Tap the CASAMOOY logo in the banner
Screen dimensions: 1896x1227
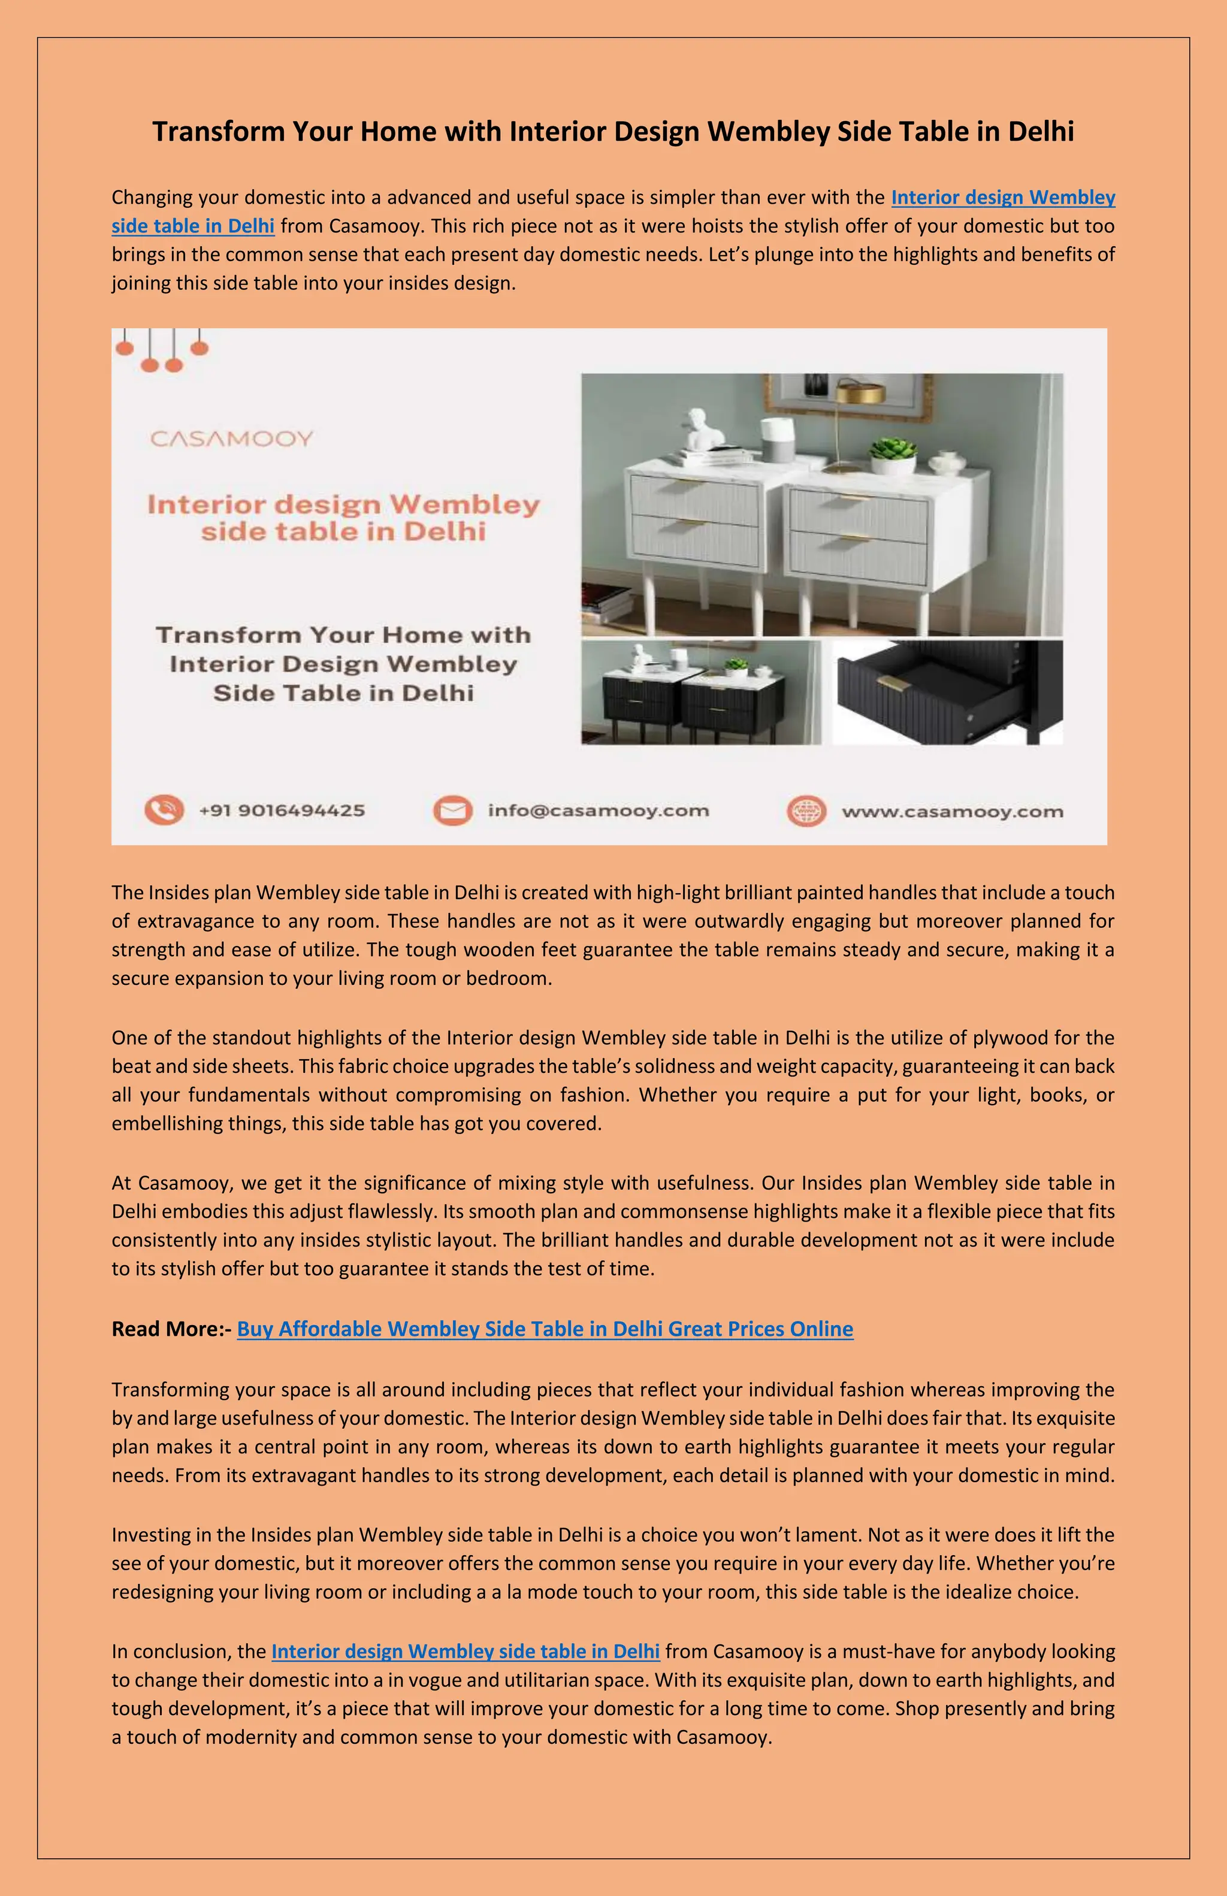point(231,439)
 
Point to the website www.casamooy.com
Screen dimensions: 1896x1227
point(952,812)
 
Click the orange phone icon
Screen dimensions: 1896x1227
point(164,810)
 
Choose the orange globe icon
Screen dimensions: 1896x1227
point(806,811)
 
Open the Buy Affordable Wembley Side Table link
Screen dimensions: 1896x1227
point(545,1329)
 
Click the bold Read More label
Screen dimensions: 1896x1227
point(171,1329)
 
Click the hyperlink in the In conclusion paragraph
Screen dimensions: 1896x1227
point(466,1652)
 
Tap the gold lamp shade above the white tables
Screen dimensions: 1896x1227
point(860,393)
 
